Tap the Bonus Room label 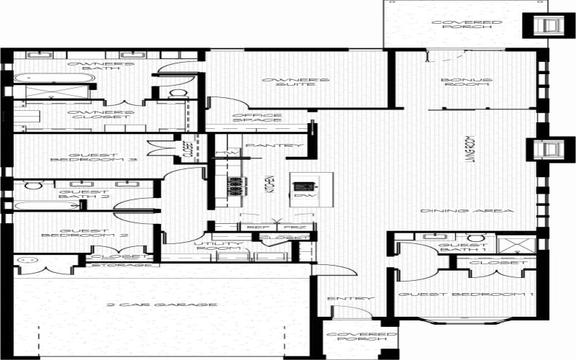pyautogui.click(x=467, y=82)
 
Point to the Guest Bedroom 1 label pyautogui.click(x=466, y=295)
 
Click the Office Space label pyautogui.click(x=257, y=119)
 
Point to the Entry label pyautogui.click(x=341, y=299)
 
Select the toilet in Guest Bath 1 pyautogui.click(x=474, y=239)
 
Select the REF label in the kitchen pyautogui.click(x=251, y=227)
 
